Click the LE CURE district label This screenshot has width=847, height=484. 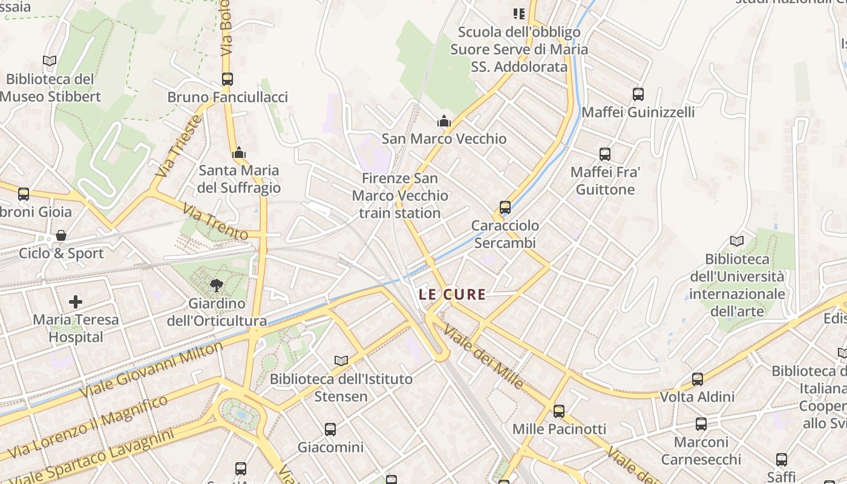click(453, 295)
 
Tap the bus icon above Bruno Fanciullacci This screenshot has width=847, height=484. click(227, 79)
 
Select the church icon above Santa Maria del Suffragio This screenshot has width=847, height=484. click(239, 152)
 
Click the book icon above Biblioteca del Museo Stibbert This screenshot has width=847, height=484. click(50, 61)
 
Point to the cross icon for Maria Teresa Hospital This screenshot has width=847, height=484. click(76, 301)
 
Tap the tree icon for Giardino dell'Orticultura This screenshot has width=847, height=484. click(216, 285)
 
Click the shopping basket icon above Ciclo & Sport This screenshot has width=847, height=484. click(60, 235)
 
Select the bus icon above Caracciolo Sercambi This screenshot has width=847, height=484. click(505, 208)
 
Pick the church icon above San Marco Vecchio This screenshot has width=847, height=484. click(444, 121)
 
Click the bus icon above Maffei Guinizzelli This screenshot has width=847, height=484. click(638, 94)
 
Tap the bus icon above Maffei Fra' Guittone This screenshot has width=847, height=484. click(605, 154)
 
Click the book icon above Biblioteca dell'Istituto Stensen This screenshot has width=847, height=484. click(341, 361)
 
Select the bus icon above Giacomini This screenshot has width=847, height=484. click(330, 430)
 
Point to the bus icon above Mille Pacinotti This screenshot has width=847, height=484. click(559, 411)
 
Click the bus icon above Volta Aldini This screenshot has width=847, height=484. click(698, 379)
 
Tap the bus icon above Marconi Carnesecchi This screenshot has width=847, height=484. click(701, 424)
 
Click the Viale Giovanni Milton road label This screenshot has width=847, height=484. click(151, 370)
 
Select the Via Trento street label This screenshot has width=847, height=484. click(215, 223)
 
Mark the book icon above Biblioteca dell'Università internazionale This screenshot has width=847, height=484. click(737, 241)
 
